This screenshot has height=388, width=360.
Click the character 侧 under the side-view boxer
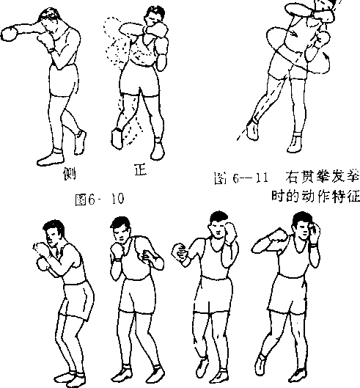[69, 173]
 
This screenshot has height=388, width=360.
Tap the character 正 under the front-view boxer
[141, 169]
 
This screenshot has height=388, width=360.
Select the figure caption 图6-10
[99, 200]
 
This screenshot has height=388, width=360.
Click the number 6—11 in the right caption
[250, 177]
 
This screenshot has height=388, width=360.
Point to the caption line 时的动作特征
[315, 197]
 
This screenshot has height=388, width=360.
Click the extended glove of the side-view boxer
[10, 34]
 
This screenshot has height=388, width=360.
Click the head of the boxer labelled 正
[155, 16]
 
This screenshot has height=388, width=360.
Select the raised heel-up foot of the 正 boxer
[117, 138]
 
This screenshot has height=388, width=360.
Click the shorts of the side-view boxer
[64, 80]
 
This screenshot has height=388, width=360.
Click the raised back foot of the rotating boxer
[253, 130]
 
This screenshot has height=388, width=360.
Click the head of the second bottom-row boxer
[121, 230]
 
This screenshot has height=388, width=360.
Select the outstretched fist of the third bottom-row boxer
[180, 252]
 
